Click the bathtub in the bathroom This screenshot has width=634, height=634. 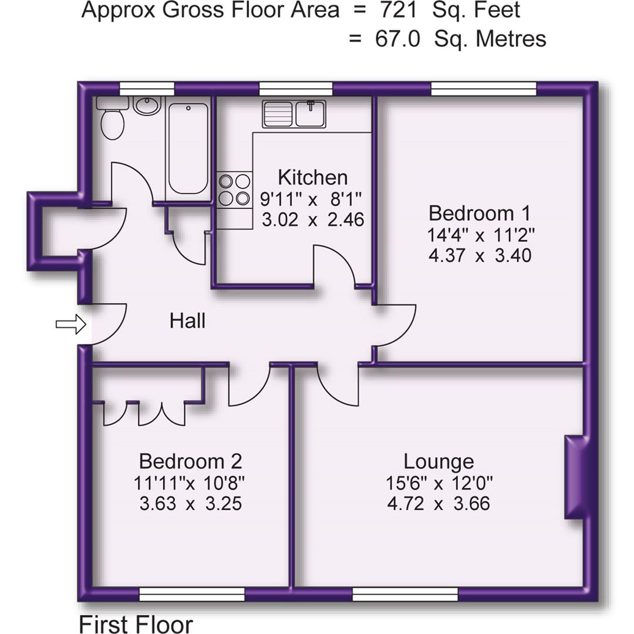tap(187, 148)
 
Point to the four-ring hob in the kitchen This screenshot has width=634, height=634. tap(234, 190)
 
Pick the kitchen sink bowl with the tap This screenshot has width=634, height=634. tap(311, 113)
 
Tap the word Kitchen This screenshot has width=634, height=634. tap(312, 177)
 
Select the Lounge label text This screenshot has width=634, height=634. tap(439, 462)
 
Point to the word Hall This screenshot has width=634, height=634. tap(187, 321)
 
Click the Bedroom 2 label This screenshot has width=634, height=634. tap(190, 460)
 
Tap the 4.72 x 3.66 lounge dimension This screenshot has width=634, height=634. tap(439, 504)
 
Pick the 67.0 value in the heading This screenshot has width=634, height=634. tap(397, 39)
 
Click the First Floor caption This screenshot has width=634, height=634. tap(135, 624)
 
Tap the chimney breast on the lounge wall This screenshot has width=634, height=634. tap(575, 477)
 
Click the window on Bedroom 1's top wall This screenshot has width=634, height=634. tap(484, 89)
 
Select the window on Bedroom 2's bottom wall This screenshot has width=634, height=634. tap(191, 594)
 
